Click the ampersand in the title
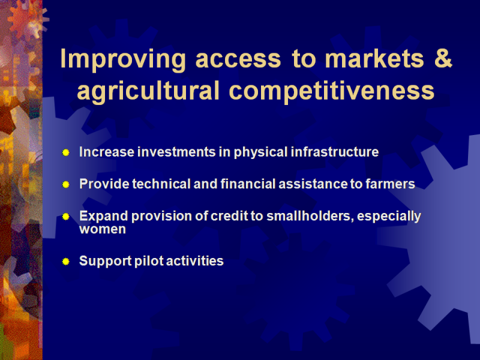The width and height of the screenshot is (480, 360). pyautogui.click(x=443, y=58)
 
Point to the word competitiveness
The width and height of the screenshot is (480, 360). pyautogui.click(x=332, y=92)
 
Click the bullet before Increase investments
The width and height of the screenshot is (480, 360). pyautogui.click(x=66, y=152)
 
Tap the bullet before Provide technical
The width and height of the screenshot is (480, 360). pyautogui.click(x=66, y=185)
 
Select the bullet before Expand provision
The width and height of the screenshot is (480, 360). pyautogui.click(x=66, y=217)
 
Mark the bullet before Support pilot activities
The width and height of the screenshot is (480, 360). pyautogui.click(x=66, y=262)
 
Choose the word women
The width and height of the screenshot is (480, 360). pyautogui.click(x=103, y=229)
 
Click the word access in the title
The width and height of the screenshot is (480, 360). pyautogui.click(x=238, y=59)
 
